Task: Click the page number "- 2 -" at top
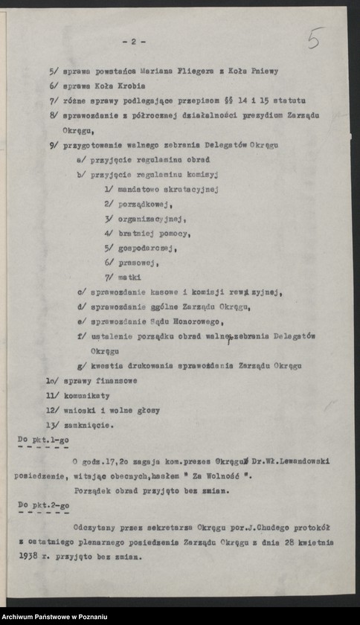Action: (x=133, y=42)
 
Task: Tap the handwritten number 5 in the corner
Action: (x=315, y=38)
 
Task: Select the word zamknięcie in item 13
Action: (x=89, y=425)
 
